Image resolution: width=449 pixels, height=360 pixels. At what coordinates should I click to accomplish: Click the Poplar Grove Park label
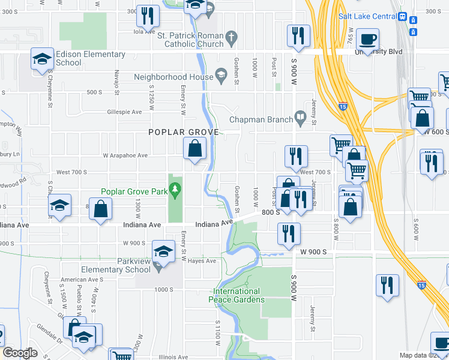(x=135, y=192)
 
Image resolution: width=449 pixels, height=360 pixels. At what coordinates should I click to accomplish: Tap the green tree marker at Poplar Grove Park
(x=175, y=191)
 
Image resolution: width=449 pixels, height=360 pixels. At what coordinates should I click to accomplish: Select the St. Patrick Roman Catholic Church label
(x=190, y=40)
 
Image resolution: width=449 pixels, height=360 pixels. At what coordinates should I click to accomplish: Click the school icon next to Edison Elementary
(x=41, y=59)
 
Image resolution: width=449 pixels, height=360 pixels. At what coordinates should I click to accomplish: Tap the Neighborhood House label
(x=173, y=77)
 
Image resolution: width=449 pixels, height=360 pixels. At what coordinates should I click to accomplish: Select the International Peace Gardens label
(x=237, y=295)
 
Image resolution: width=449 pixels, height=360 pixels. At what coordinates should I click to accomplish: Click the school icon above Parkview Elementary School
(x=163, y=252)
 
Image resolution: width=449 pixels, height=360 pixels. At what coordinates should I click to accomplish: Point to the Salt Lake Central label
(x=367, y=16)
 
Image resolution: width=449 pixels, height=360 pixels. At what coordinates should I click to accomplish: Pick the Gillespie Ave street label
(x=124, y=112)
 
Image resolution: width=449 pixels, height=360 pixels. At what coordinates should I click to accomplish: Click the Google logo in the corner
(x=20, y=353)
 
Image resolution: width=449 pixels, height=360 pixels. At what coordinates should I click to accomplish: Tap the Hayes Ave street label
(x=203, y=261)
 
